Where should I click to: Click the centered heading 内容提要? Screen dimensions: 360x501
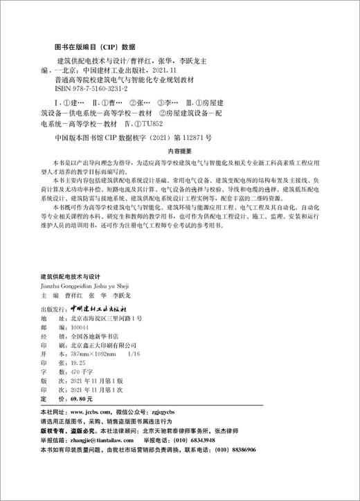click(x=182, y=149)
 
